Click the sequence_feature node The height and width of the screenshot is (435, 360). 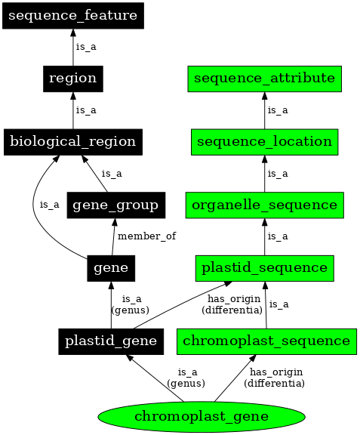point(72,15)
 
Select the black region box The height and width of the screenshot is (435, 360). point(72,78)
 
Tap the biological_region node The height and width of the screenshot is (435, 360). point(72,141)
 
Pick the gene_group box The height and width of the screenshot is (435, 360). point(115,205)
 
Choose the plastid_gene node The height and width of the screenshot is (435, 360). point(111,341)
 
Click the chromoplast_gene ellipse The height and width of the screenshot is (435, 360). point(202,416)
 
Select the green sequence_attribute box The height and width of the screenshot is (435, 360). point(264,78)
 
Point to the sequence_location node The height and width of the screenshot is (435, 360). point(264,141)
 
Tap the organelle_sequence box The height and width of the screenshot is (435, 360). point(264,205)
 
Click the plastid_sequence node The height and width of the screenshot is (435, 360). point(264,267)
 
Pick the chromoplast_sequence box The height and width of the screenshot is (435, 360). point(266,341)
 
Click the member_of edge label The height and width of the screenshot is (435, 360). point(146,236)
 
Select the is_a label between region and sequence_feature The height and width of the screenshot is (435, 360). point(86,47)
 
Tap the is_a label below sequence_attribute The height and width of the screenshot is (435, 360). point(278,110)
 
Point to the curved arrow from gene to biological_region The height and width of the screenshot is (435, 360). point(36,204)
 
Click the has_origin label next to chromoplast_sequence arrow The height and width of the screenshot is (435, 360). point(274,378)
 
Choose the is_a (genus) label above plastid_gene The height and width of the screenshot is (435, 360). point(130,304)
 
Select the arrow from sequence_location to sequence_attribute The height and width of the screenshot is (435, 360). point(264,110)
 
